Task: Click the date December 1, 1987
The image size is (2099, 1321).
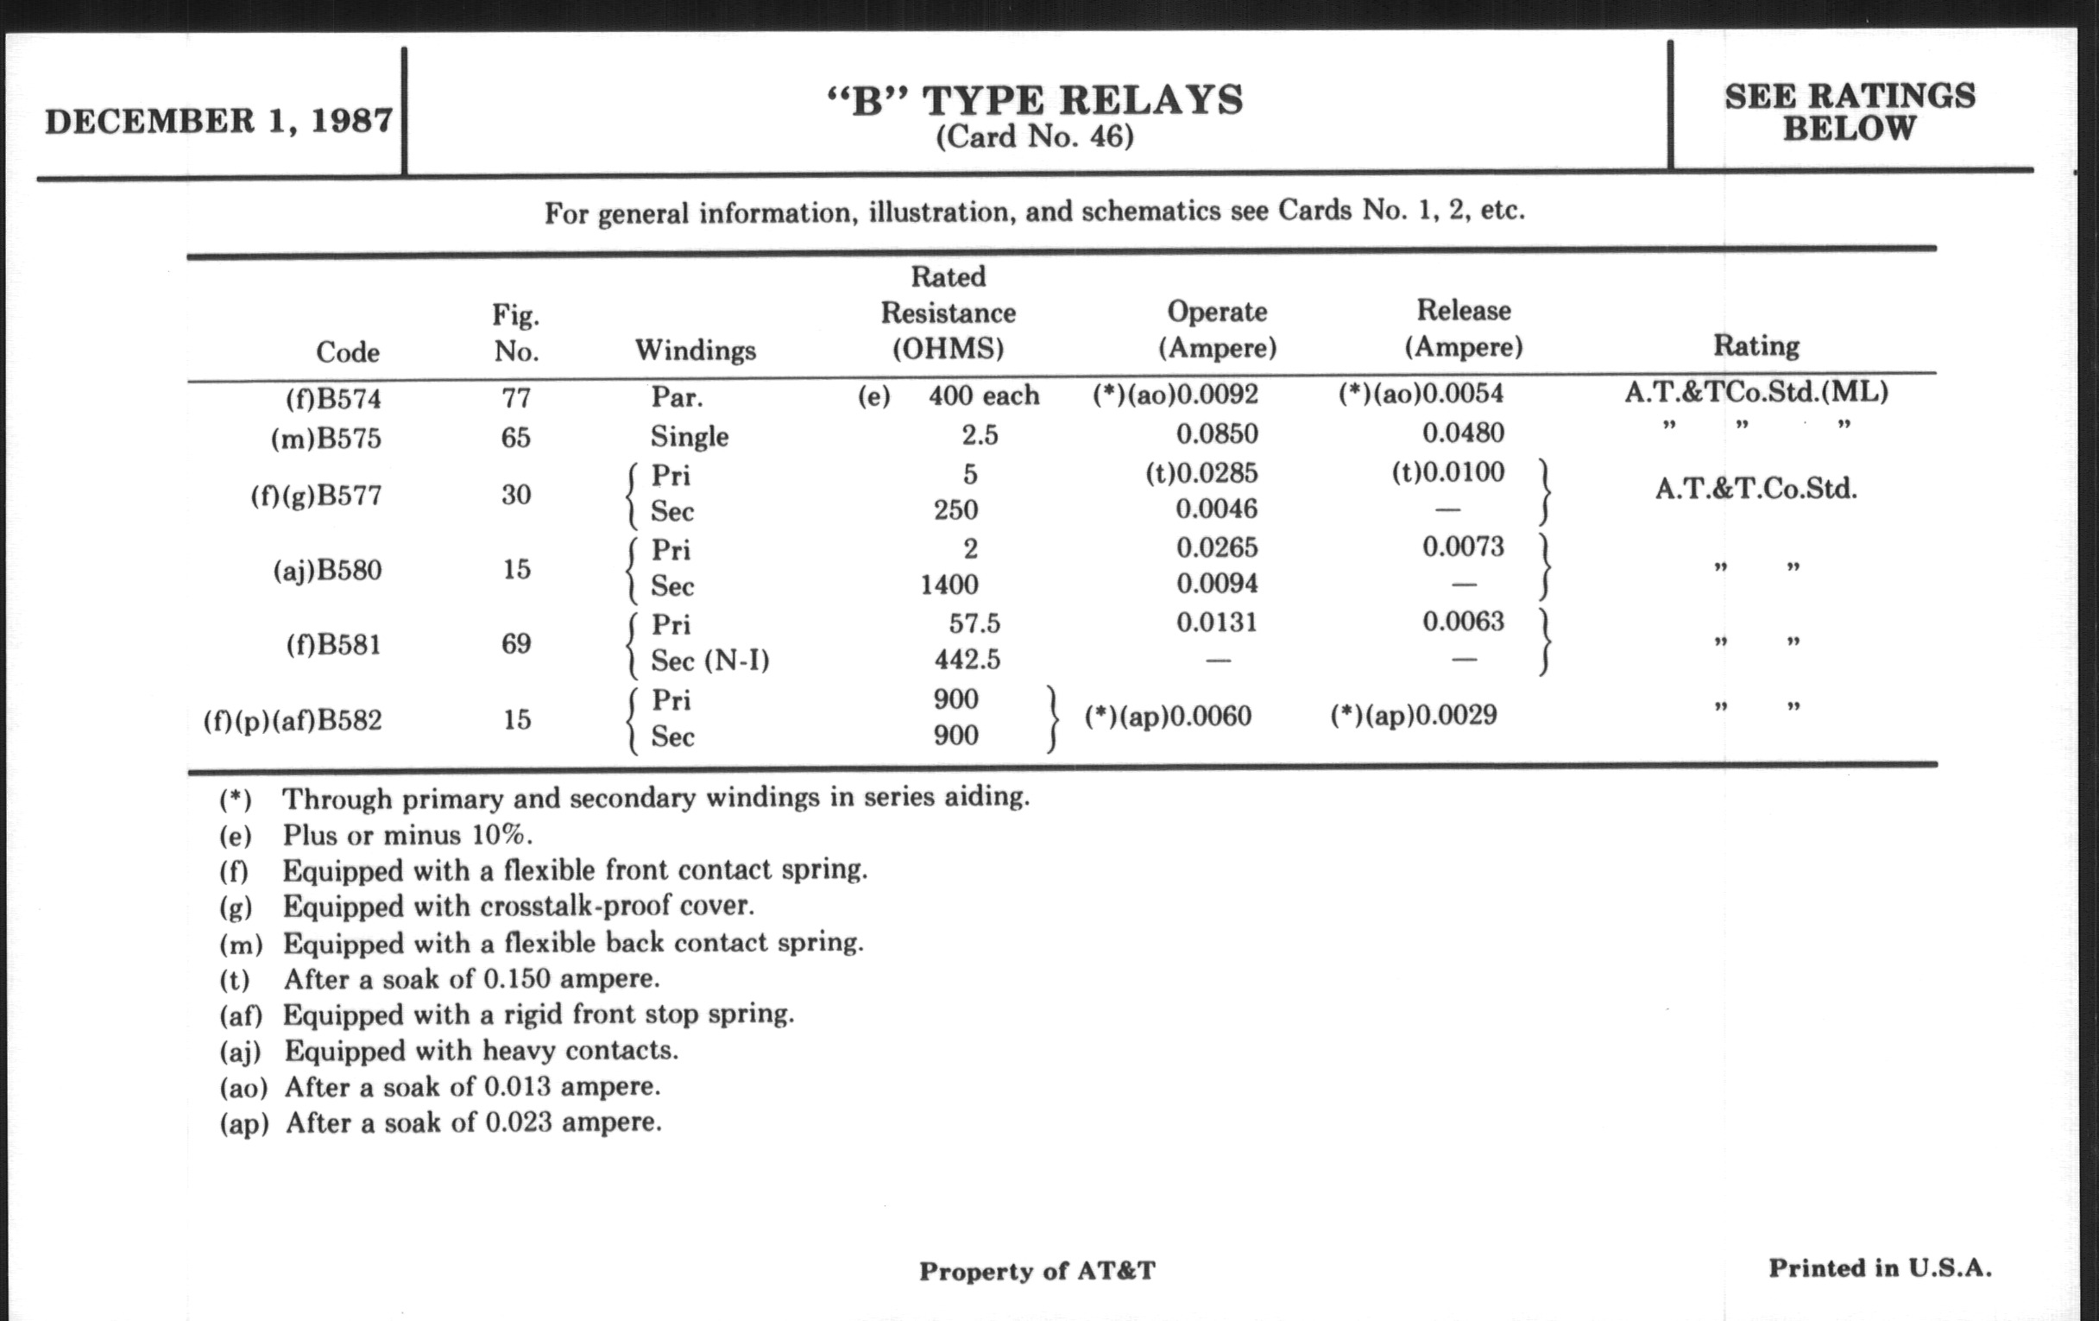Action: pos(219,120)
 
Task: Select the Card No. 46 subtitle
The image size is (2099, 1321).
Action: pos(1035,137)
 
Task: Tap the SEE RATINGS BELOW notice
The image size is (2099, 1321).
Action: pos(1850,111)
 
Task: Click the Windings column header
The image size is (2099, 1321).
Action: pos(695,351)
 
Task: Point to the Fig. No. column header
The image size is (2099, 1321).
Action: pos(516,333)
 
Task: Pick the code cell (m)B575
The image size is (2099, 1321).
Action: pos(326,438)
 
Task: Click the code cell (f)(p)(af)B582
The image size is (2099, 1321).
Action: pos(293,721)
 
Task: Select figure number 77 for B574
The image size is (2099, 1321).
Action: pos(516,399)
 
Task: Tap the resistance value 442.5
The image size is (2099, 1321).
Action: pos(968,660)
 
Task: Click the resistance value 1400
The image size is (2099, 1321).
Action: pos(949,585)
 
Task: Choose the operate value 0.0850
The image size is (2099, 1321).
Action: pos(1217,433)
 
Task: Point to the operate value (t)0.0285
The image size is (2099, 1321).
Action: pos(1201,473)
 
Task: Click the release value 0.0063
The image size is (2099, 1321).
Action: pos(1463,622)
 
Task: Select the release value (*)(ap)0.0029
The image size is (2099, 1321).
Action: pos(1413,716)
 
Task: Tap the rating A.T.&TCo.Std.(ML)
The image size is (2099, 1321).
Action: pos(1755,392)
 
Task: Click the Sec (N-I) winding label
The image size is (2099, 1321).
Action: pos(709,662)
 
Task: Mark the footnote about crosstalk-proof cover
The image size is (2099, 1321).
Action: pos(518,906)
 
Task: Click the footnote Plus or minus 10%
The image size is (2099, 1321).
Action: pos(407,835)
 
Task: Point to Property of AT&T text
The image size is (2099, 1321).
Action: pos(1037,1270)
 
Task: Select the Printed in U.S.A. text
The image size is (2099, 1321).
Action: pos(1879,1267)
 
